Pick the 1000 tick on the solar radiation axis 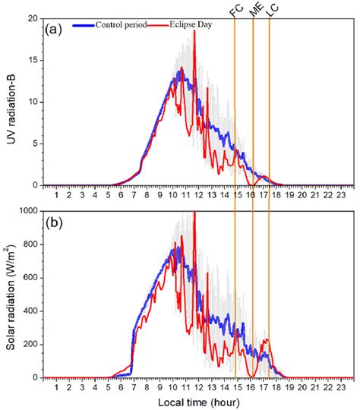pos(29,211)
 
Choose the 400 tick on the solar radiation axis pos(31,311)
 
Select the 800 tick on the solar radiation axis pos(31,244)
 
